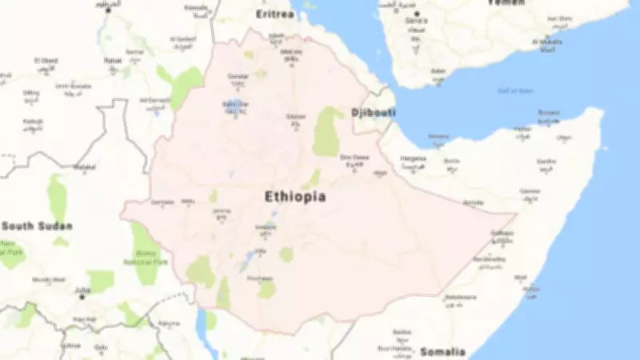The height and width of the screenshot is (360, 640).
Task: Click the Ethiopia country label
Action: [x=295, y=196]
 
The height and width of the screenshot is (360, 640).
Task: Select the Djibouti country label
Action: [x=374, y=113]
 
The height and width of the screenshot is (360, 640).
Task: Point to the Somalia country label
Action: [x=443, y=351]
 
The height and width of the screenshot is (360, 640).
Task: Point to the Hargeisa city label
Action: [x=413, y=158]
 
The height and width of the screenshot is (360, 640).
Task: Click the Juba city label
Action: [x=82, y=290]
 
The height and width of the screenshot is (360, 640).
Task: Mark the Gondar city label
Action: [x=238, y=76]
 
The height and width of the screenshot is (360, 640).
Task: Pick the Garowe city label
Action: [x=530, y=191]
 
